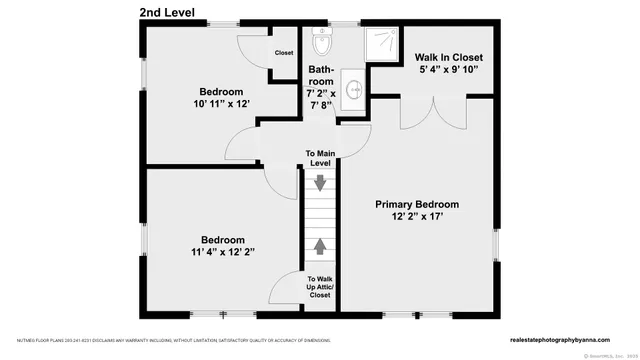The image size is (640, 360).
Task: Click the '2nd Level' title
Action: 168,12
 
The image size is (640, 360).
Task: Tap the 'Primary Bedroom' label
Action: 424,204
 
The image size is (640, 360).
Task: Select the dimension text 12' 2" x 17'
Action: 424,217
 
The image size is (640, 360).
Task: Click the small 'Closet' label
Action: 284,53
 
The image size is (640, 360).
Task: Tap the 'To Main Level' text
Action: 319,158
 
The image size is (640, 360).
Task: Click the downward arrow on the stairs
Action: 320,183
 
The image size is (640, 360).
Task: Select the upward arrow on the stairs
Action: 320,243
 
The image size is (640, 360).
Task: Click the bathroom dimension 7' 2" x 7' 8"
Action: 322,98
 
